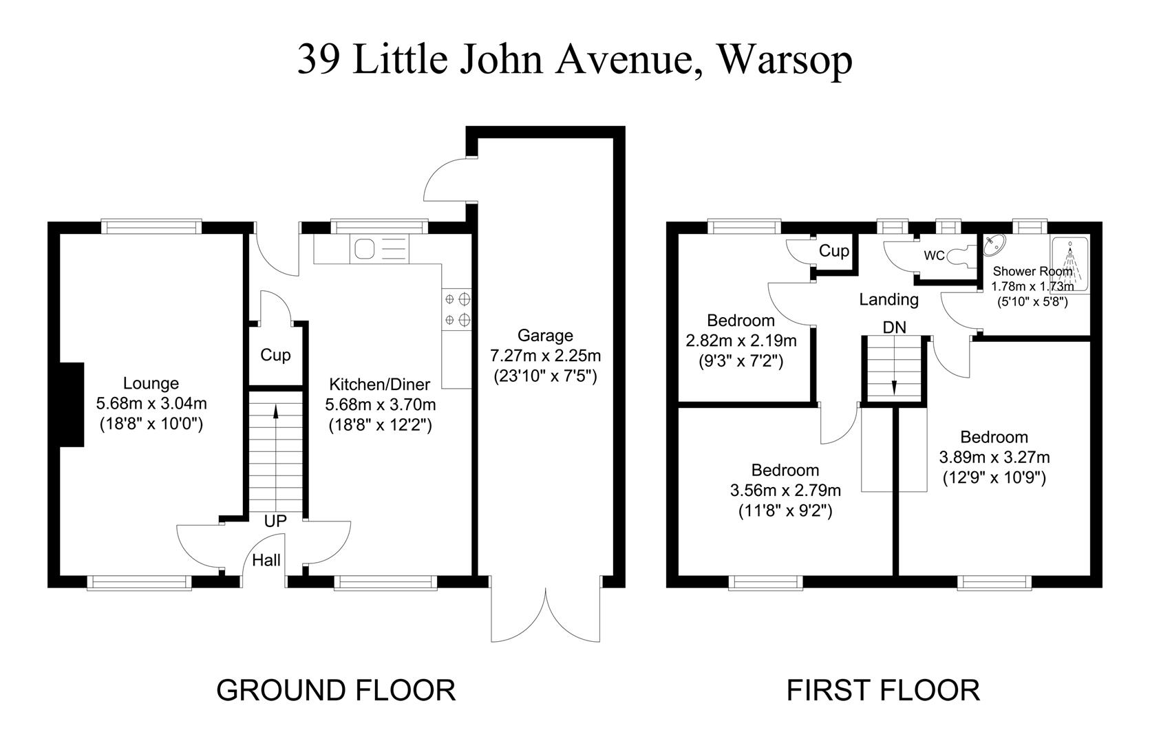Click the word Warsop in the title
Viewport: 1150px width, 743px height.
tap(785, 60)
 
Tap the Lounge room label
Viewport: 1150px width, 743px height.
tap(151, 383)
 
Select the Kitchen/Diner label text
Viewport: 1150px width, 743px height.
tap(379, 384)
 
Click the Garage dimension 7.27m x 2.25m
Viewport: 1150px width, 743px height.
tap(545, 356)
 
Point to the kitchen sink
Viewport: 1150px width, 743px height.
tap(379, 249)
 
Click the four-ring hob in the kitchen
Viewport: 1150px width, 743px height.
tap(457, 310)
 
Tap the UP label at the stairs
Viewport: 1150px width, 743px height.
tap(275, 521)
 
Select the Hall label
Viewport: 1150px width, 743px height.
tap(266, 560)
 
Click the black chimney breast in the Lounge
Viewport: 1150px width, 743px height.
tap(72, 405)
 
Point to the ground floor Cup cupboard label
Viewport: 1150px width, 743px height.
tap(275, 354)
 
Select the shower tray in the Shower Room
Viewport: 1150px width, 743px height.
tap(1069, 264)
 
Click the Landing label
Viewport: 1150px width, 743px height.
tap(888, 300)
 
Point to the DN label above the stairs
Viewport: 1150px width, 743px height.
tap(895, 327)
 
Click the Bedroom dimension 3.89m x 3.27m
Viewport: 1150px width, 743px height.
tap(994, 457)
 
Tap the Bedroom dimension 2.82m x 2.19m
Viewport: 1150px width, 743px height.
tap(741, 341)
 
